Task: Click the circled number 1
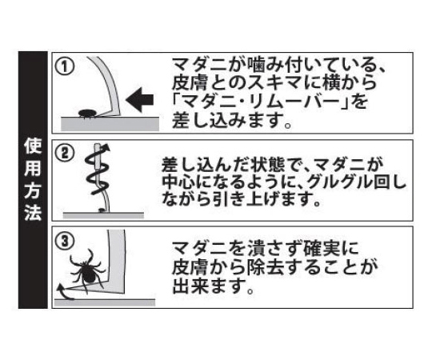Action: coord(65,67)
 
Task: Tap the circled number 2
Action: coord(65,153)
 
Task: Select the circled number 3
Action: coord(65,242)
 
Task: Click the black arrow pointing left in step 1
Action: coord(140,100)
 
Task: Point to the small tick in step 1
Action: coord(86,114)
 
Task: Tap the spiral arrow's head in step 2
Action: coord(106,149)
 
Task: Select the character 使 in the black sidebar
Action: coord(33,146)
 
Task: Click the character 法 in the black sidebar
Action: coord(33,212)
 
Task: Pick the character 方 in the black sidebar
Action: coord(33,190)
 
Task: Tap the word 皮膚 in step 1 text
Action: coord(190,82)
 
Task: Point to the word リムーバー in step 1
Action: coord(286,102)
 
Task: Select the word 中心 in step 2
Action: coord(178,182)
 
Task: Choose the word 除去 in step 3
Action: coord(266,267)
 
